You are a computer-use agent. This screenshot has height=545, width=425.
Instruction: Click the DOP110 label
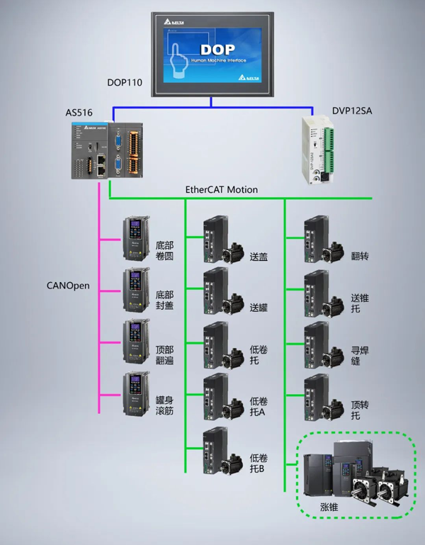(x=125, y=82)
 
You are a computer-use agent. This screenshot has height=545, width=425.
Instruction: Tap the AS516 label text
(x=79, y=113)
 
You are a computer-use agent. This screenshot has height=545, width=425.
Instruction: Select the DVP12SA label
(x=351, y=111)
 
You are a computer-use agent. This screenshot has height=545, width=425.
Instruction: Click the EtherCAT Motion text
(x=222, y=190)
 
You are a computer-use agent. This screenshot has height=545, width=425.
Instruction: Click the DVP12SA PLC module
(x=318, y=149)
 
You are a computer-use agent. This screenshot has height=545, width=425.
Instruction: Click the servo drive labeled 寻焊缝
(x=317, y=344)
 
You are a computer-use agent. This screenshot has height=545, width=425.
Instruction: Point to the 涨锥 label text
(x=329, y=507)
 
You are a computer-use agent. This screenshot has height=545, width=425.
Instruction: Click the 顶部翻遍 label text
(x=164, y=355)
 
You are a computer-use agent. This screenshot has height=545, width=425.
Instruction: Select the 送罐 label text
(x=259, y=308)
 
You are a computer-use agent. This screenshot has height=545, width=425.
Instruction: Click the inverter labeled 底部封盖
(x=136, y=290)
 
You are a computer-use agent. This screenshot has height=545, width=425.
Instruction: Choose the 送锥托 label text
(x=360, y=303)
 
